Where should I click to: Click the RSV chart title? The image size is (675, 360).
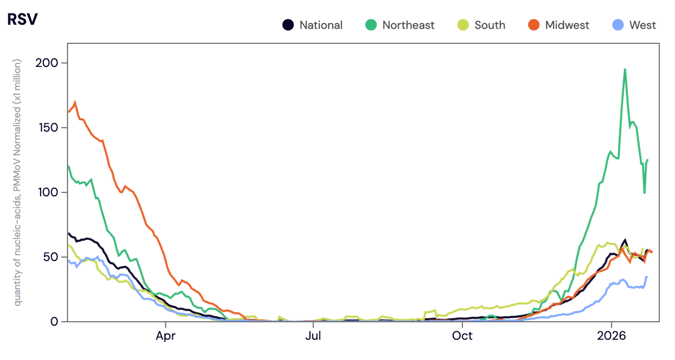pos(21,19)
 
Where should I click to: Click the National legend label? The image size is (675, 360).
pos(321,25)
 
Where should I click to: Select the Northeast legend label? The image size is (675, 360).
pos(408,25)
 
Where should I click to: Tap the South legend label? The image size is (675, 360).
pos(489,25)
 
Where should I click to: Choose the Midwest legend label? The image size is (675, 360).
pos(567,25)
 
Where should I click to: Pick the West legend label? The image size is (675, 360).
pos(642,25)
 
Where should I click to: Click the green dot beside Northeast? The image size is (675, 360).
pos(371,25)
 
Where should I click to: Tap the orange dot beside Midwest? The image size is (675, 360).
pos(534,25)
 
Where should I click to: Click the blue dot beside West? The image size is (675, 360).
pos(617,25)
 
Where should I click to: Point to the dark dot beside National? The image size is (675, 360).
pos(288,25)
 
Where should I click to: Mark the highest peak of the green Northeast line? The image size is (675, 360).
pos(625,69)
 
